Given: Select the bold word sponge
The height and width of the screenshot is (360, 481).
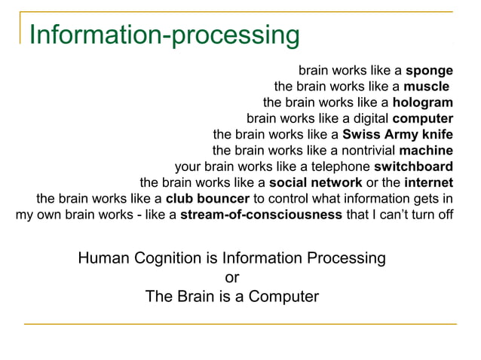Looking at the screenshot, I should click(429, 71).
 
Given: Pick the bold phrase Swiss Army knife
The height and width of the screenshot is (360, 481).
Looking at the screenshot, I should click(397, 135).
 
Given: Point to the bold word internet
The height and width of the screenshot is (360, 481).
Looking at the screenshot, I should click(428, 182).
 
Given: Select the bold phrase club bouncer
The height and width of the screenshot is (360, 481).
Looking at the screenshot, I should click(207, 199).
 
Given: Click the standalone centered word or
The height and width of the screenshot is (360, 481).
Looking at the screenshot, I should click(232, 277).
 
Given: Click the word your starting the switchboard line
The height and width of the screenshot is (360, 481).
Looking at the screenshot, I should click(188, 166).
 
